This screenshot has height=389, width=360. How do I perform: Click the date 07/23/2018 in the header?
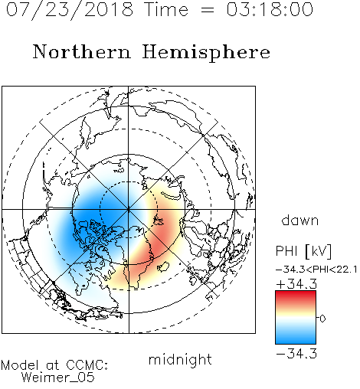click(70, 10)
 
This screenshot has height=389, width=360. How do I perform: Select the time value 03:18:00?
click(270, 9)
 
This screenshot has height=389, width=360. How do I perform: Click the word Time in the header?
click(166, 9)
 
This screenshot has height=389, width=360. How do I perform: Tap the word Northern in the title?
click(82, 52)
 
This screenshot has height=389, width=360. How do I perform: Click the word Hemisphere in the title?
click(206, 53)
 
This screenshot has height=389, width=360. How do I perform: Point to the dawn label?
click(300, 221)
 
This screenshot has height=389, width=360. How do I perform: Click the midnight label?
click(180, 360)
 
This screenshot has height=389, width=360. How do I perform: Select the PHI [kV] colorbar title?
click(303, 251)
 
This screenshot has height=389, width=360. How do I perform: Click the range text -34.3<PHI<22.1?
click(316, 270)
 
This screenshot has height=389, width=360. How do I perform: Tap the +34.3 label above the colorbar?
click(297, 284)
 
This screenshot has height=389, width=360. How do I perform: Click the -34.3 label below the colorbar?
click(296, 354)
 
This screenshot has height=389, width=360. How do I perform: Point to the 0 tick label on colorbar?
click(322, 319)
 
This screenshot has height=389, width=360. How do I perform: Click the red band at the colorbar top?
click(296, 296)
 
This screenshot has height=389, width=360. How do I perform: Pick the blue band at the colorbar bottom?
click(296, 339)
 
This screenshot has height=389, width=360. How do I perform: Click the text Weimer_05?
click(58, 378)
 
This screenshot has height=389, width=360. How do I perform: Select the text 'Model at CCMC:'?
click(54, 365)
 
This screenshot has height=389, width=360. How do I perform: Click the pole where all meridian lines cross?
click(129, 210)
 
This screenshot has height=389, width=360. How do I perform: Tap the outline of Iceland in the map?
click(163, 266)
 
